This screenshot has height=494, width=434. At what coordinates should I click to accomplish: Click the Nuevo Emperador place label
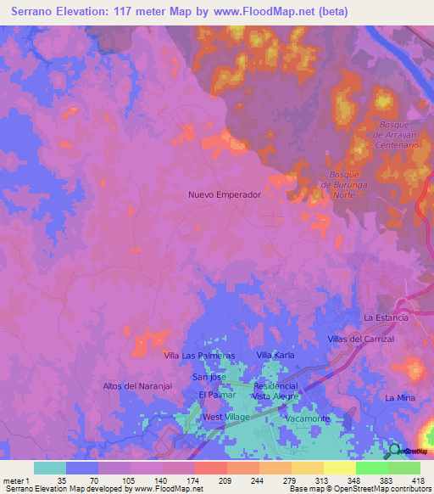[224, 194]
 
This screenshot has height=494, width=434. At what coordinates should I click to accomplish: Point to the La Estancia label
[386, 317]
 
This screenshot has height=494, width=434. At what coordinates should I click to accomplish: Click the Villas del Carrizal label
[361, 339]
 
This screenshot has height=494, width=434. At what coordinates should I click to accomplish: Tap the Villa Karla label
[275, 355]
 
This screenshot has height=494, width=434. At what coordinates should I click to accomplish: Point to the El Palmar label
[215, 395]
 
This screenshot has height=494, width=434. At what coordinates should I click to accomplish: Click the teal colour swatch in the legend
[49, 468]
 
